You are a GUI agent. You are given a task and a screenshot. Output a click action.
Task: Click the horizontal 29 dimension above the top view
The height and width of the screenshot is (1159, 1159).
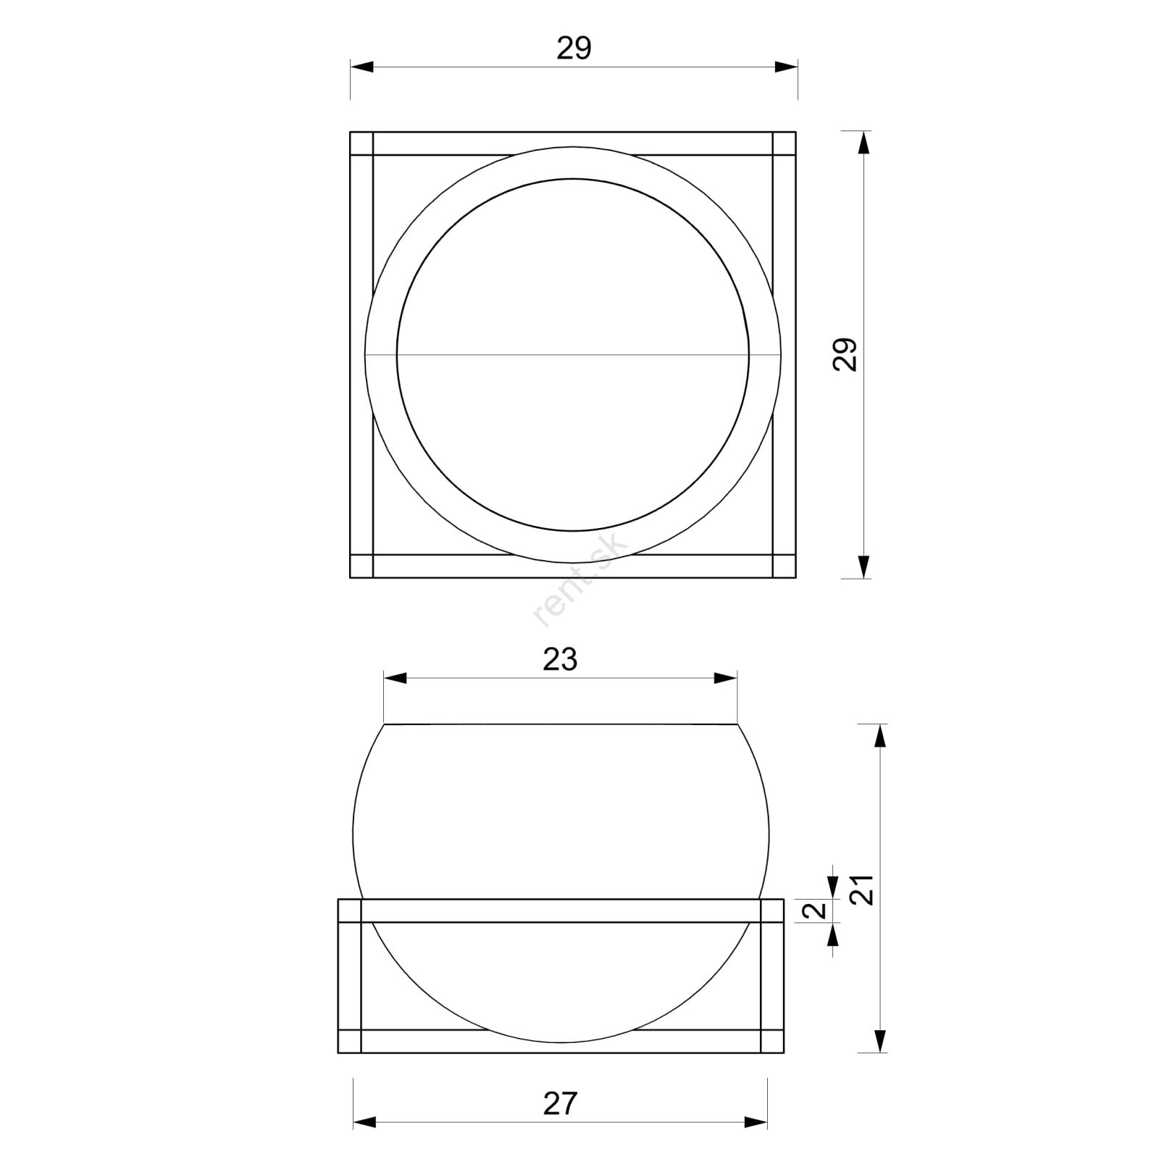pos(574,49)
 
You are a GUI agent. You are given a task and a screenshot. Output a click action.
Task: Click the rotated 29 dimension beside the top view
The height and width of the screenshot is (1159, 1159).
pos(845,354)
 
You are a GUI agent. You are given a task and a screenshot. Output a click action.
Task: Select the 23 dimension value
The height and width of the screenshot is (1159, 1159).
pos(560,660)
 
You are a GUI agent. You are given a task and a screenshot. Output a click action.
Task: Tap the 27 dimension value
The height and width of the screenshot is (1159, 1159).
pos(560,1104)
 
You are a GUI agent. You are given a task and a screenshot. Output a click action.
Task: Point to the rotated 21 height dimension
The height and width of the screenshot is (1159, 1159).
pos(862,890)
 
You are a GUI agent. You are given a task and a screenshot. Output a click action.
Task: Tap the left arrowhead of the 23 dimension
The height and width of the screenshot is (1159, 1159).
pos(396,679)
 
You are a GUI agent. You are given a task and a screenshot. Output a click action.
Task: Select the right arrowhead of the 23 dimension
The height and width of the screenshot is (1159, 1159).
pos(725,679)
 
